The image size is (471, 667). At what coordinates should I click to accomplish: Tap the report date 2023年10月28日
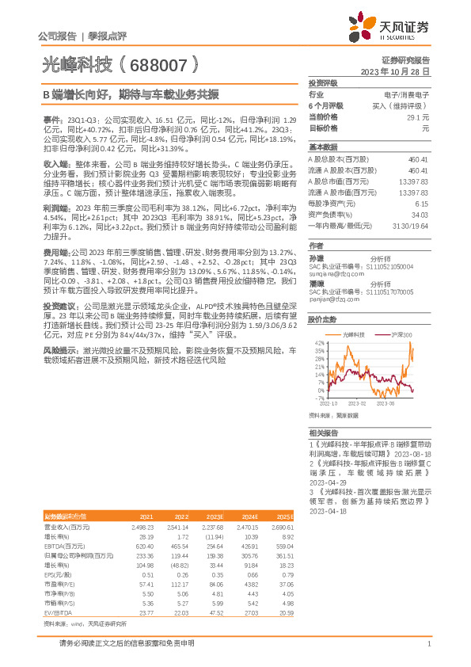pos(395,71)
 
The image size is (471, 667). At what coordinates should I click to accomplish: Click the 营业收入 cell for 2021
pos(142,525)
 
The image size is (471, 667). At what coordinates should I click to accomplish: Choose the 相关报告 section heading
pos(322,433)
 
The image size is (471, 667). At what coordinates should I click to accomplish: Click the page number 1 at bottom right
pos(427,644)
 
